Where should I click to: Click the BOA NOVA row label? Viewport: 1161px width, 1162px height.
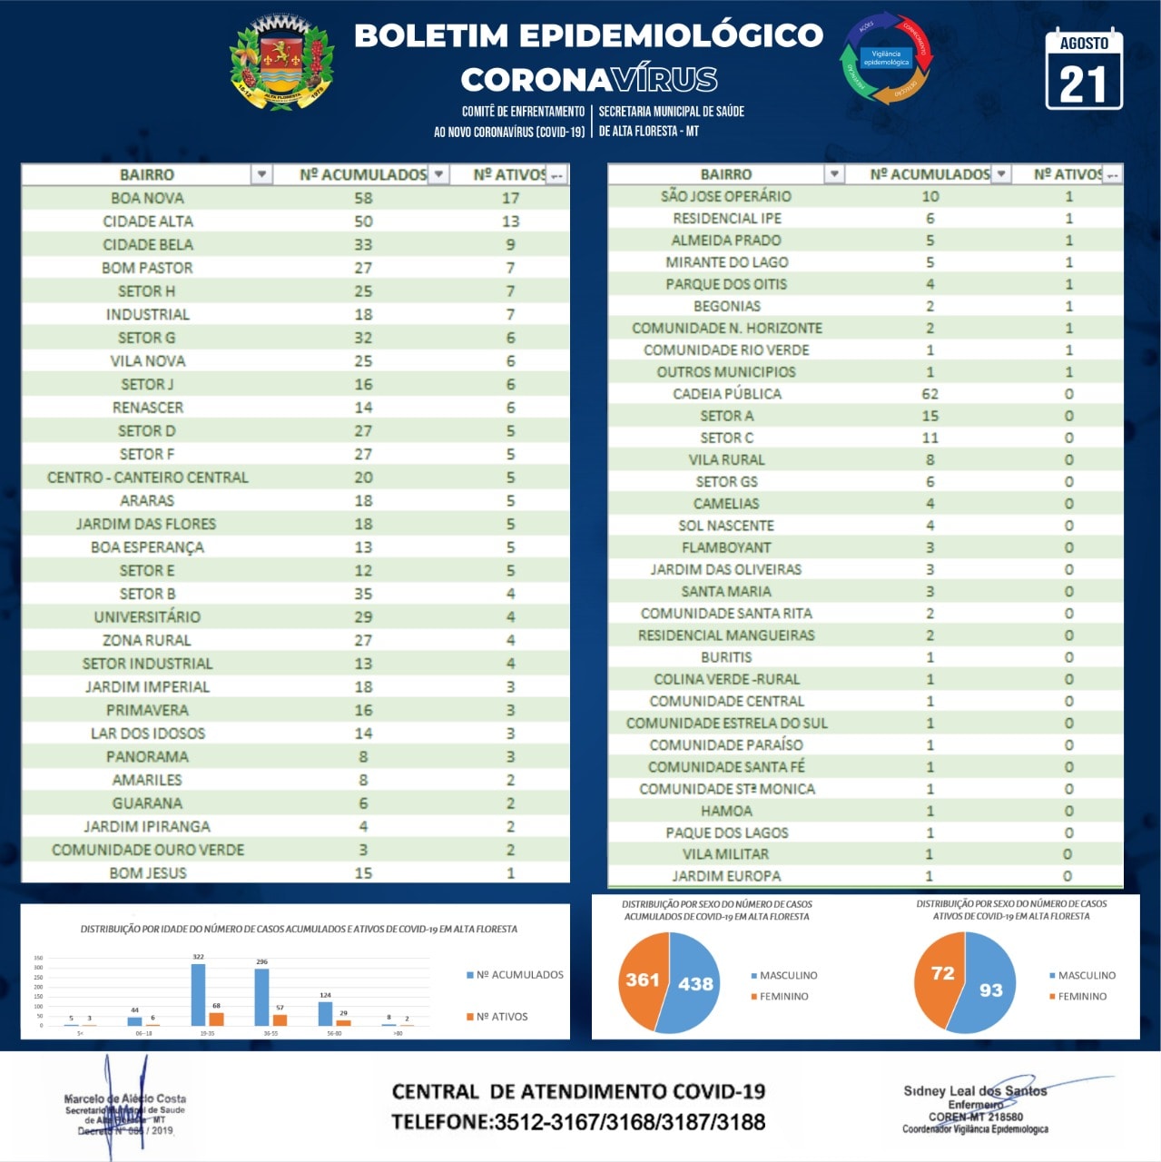(147, 198)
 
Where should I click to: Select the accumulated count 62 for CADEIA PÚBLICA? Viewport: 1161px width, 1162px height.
(930, 394)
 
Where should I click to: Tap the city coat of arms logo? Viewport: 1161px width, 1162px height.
(281, 64)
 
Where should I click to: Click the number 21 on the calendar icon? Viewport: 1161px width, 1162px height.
(1084, 85)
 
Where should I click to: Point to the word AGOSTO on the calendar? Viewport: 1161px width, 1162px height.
(1084, 44)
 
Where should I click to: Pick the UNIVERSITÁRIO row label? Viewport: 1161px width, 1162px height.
(147, 616)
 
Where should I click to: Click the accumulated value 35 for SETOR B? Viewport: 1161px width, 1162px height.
(363, 594)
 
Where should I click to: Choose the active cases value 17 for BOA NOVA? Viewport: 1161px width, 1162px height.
(510, 198)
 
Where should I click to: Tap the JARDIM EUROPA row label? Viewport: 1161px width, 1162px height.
(726, 876)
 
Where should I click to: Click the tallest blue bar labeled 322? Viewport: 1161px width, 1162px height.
(198, 995)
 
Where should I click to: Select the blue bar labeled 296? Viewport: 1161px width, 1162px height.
(261, 998)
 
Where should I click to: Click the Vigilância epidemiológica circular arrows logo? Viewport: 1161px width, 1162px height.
(886, 59)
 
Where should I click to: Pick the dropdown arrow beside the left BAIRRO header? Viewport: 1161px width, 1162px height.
(261, 174)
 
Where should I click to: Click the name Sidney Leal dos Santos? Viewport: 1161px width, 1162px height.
(975, 1091)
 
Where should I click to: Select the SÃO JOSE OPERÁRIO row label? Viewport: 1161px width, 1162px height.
(726, 196)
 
